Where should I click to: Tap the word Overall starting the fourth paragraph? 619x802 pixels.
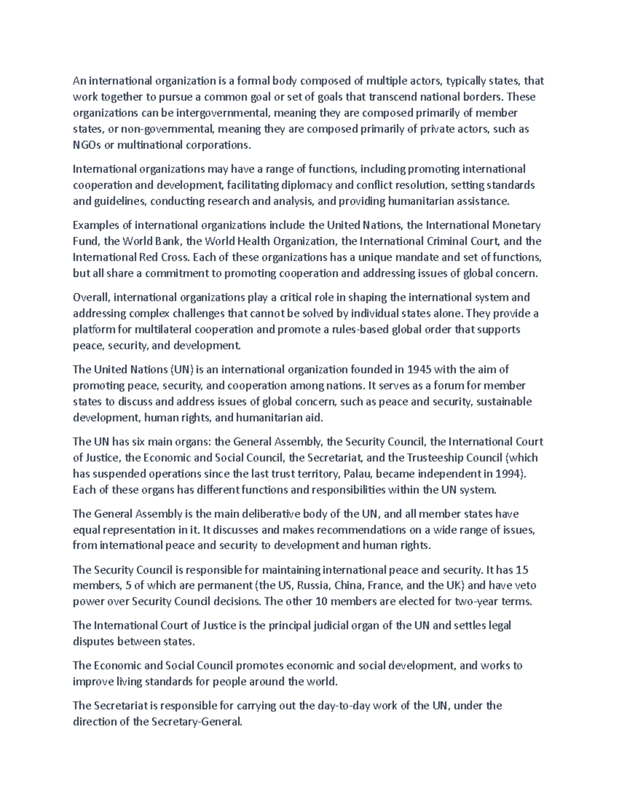coord(91,297)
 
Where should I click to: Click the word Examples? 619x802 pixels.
coord(95,225)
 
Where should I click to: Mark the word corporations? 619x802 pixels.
coord(219,145)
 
